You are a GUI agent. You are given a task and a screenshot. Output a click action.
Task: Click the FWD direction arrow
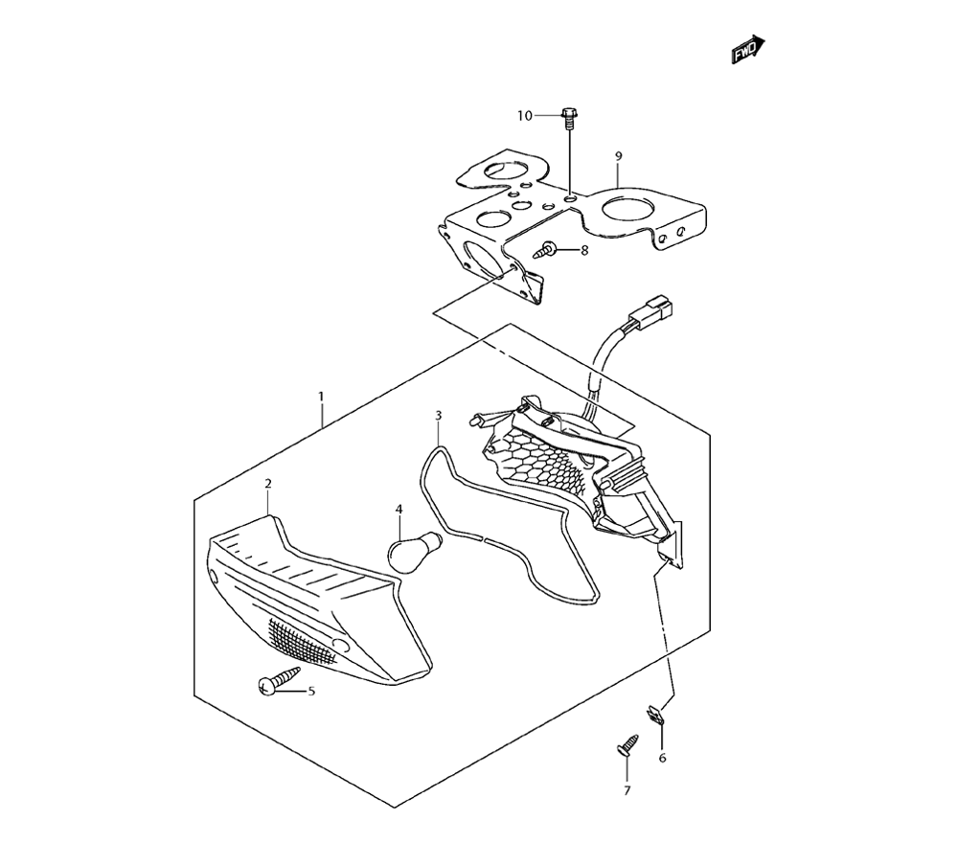click(x=748, y=51)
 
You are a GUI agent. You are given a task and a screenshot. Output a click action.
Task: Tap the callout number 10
click(x=524, y=116)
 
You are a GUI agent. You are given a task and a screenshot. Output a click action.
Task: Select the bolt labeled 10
click(x=569, y=118)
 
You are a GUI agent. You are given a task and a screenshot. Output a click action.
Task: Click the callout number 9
click(x=619, y=155)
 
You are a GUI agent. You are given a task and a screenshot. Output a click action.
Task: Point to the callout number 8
click(x=583, y=252)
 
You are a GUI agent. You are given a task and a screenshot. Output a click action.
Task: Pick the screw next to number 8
click(x=547, y=252)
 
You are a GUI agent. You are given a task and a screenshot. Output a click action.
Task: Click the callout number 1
click(x=321, y=396)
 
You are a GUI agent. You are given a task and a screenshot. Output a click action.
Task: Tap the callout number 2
click(x=268, y=484)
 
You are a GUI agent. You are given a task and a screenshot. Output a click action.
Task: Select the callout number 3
click(x=439, y=416)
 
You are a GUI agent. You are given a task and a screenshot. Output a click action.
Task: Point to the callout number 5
click(x=310, y=690)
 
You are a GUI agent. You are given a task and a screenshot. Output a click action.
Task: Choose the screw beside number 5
click(x=271, y=684)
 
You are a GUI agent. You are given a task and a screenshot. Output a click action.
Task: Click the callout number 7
click(x=627, y=790)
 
